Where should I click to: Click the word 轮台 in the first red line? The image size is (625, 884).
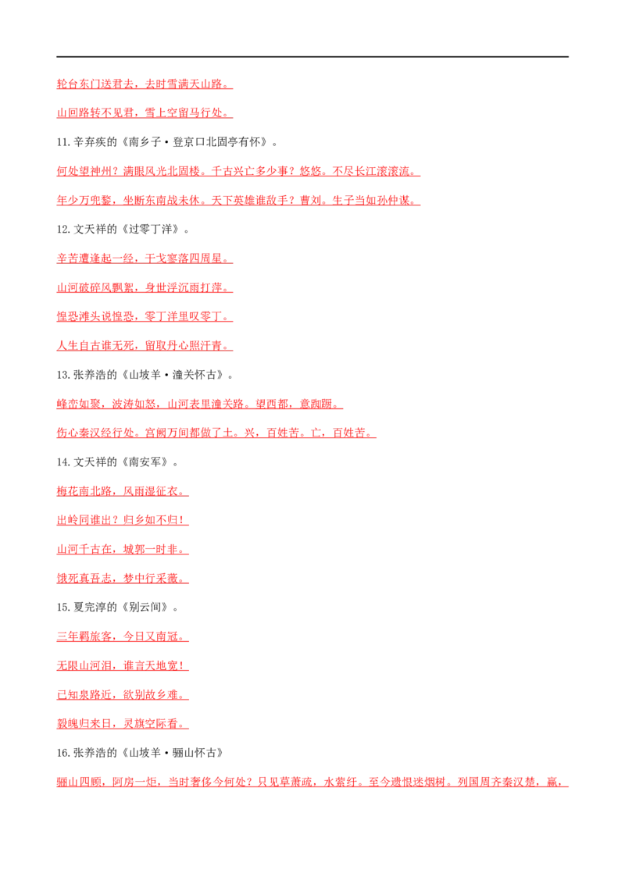68,84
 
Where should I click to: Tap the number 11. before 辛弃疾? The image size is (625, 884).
63,142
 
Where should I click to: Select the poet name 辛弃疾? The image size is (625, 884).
90,142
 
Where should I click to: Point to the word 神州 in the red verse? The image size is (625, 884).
101,171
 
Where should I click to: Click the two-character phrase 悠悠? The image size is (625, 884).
311,171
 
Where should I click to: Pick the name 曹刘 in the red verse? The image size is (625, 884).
311,200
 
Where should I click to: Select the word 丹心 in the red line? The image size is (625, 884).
178,346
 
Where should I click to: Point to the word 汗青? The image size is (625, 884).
212,346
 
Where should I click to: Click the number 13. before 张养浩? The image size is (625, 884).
63,375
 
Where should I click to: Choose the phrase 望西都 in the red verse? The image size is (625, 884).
272,404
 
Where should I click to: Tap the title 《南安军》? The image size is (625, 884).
145,462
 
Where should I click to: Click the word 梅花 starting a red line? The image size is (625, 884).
68,491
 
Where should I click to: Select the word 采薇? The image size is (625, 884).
167,579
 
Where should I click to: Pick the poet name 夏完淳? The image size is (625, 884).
90,608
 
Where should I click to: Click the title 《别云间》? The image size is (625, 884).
145,608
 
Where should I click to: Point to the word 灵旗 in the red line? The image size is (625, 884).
134,724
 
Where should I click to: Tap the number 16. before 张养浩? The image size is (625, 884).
63,754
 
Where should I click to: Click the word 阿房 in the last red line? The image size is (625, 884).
123,782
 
